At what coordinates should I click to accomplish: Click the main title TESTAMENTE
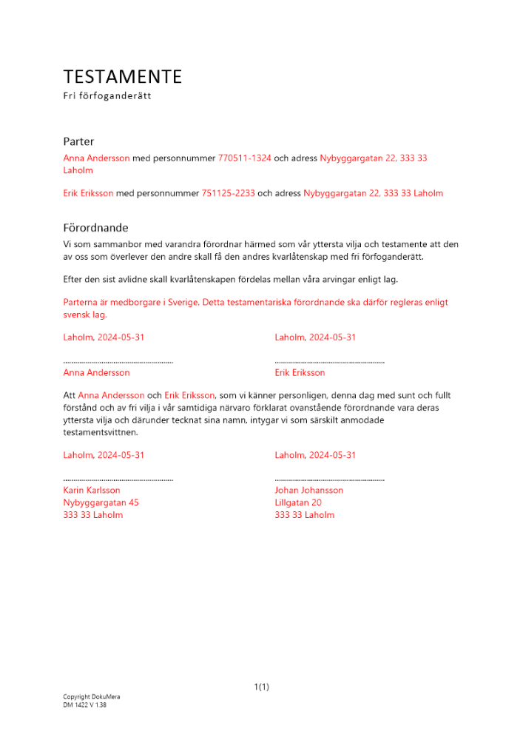pyautogui.click(x=123, y=77)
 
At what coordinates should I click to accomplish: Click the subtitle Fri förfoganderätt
pyautogui.click(x=107, y=96)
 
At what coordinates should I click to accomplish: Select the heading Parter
pyautogui.click(x=78, y=141)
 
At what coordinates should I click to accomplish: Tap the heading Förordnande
pyautogui.click(x=96, y=228)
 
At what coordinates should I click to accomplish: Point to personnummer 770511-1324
pyautogui.click(x=245, y=158)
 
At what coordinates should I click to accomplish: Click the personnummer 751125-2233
pyautogui.click(x=229, y=193)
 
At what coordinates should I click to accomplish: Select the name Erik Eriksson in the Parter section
pyautogui.click(x=89, y=193)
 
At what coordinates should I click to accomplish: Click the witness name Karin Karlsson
pyautogui.click(x=92, y=490)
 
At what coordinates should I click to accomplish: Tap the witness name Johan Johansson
pyautogui.click(x=308, y=490)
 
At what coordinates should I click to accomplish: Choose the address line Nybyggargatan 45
pyautogui.click(x=101, y=502)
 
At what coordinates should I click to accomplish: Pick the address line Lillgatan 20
pyautogui.click(x=298, y=502)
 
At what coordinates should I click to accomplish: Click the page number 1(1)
pyautogui.click(x=261, y=687)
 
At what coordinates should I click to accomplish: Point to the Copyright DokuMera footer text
pyautogui.click(x=92, y=697)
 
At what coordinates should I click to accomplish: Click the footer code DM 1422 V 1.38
pyautogui.click(x=85, y=706)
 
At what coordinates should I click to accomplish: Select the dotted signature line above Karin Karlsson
pyautogui.click(x=118, y=480)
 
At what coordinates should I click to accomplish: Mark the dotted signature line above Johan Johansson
pyautogui.click(x=329, y=480)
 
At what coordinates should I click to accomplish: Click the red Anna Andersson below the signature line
pyautogui.click(x=97, y=372)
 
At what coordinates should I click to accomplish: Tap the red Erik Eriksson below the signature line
pyautogui.click(x=300, y=372)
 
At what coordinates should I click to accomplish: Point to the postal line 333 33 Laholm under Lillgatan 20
pyautogui.click(x=304, y=515)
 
